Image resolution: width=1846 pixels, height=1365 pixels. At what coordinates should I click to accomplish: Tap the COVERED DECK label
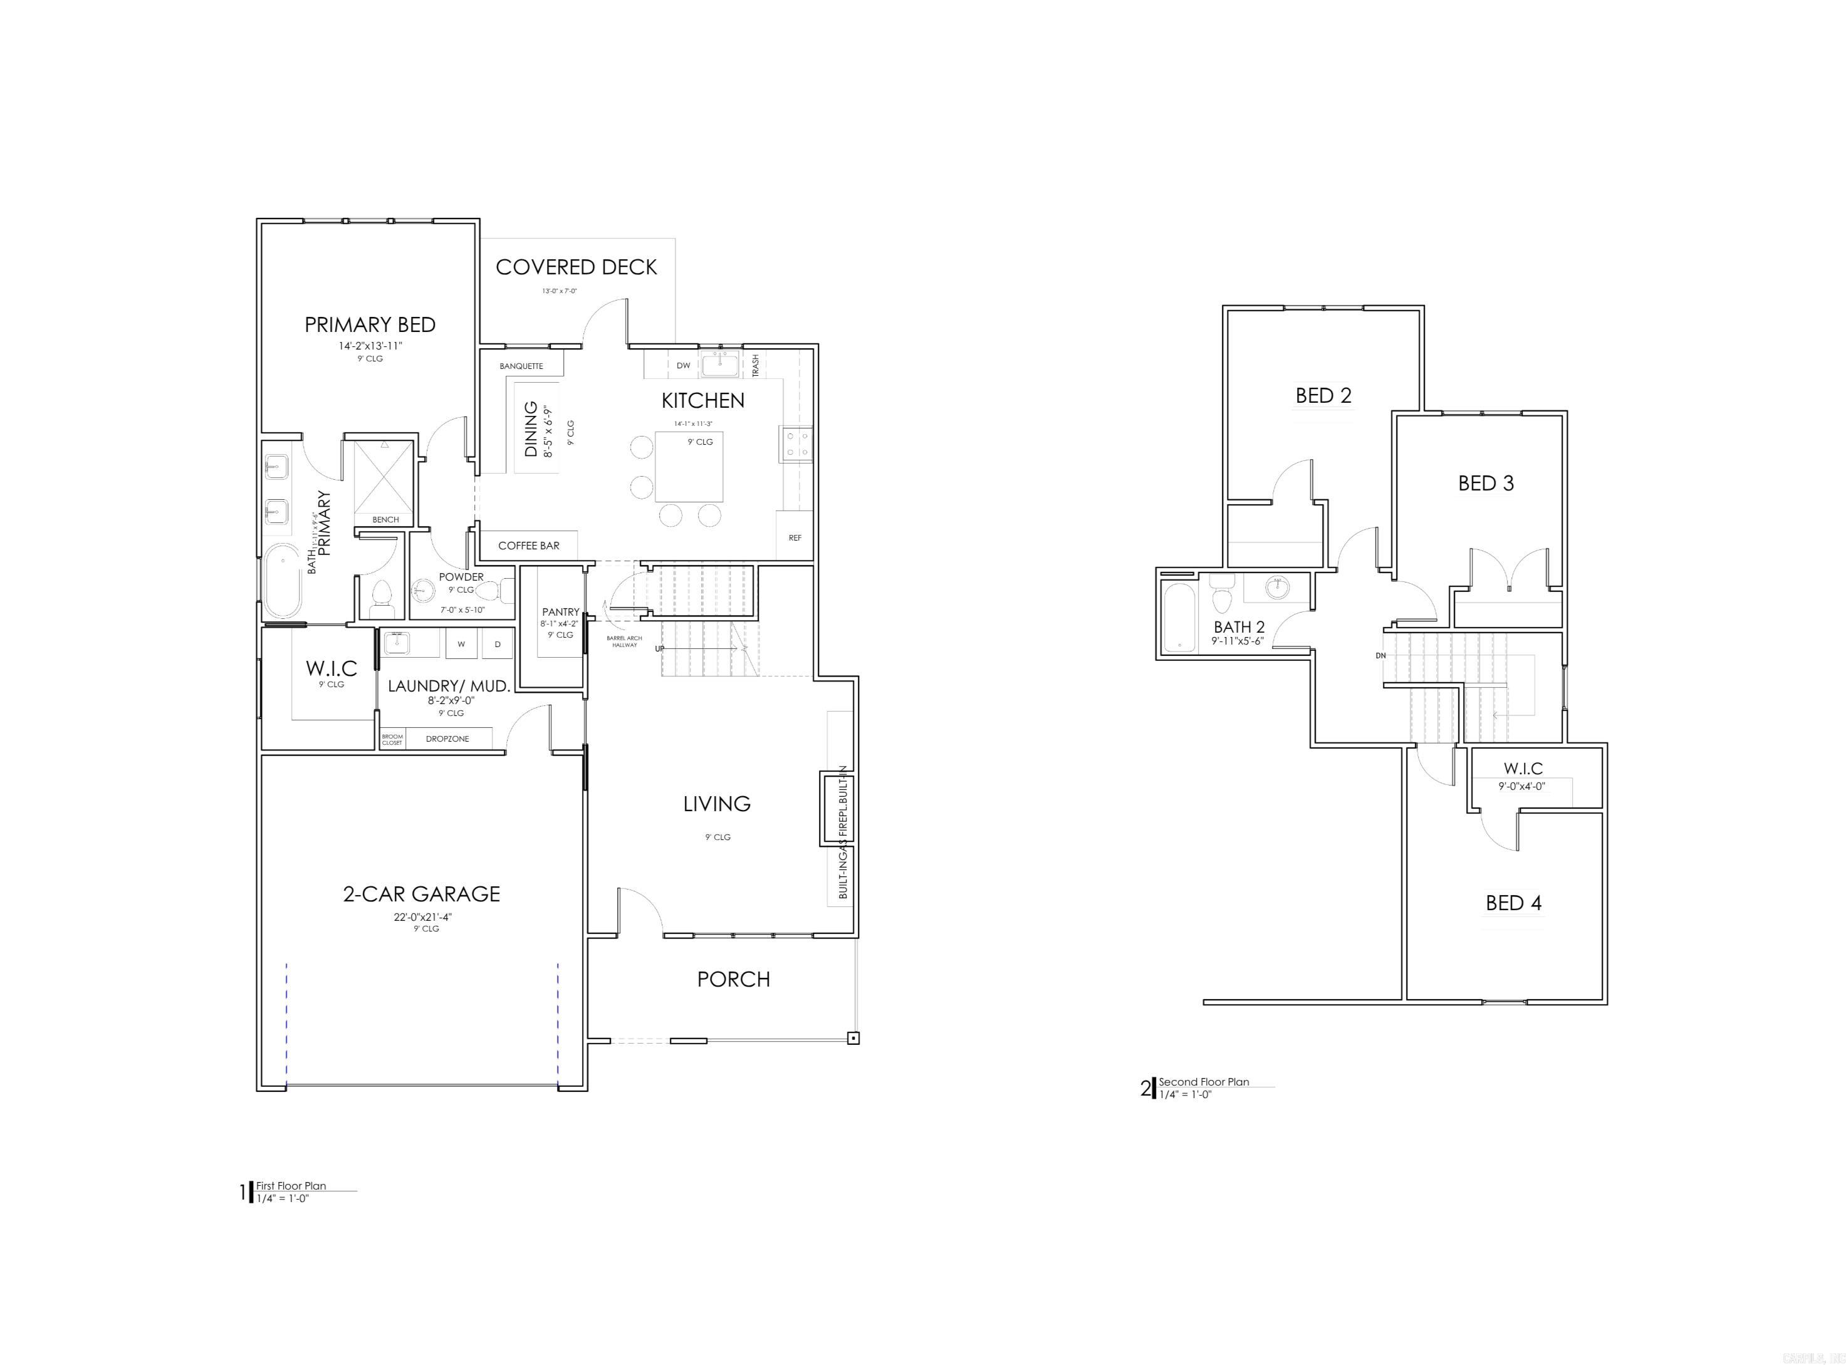tap(576, 267)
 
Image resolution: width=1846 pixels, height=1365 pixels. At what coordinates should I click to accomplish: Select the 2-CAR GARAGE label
tap(422, 894)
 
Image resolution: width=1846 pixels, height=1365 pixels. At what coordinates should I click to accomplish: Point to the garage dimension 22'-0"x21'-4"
tap(423, 917)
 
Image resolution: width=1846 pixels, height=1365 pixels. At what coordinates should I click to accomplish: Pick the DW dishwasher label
tap(684, 365)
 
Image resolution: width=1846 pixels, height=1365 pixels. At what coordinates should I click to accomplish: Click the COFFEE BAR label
tap(528, 546)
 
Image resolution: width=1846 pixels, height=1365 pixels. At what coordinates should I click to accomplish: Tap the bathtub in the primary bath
tap(283, 581)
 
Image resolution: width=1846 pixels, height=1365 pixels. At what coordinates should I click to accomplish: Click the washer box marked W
tap(461, 644)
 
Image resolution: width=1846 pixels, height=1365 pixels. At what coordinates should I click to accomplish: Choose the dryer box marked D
tap(498, 644)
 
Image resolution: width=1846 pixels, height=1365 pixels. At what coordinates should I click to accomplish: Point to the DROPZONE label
tap(447, 739)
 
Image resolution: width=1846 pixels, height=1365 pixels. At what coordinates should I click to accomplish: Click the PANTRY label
tap(560, 612)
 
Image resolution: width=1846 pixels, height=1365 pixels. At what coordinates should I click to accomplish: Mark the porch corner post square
tap(853, 1039)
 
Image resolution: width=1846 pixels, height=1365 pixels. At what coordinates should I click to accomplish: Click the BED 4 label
tap(1513, 903)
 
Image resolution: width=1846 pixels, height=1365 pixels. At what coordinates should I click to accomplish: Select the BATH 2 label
tap(1239, 627)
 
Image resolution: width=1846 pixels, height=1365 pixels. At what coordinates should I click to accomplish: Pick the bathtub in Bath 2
tap(1178, 618)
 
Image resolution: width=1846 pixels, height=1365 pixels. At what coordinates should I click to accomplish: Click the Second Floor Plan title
tap(1203, 1082)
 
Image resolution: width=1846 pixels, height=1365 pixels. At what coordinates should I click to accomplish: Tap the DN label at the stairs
tap(1380, 655)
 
